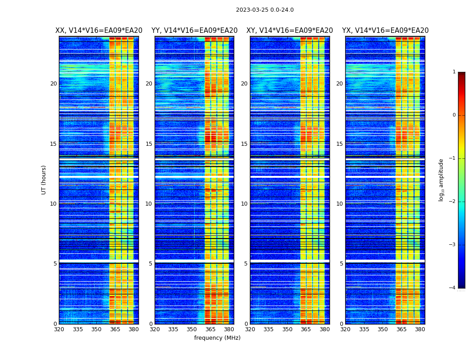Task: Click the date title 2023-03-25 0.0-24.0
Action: point(265,10)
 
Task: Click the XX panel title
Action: point(99,31)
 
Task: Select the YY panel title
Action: point(194,31)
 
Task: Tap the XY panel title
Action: point(289,31)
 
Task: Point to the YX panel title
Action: point(385,31)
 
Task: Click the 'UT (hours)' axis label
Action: point(44,180)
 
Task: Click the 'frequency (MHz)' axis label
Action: point(217,338)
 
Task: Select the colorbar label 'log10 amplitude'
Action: point(441,180)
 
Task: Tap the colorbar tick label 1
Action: point(454,72)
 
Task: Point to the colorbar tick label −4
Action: point(453,288)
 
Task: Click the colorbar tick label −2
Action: point(453,202)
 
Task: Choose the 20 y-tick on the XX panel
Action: point(53,84)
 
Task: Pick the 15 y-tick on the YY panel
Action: point(149,144)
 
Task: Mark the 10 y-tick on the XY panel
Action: point(244,204)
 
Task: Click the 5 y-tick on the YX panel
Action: point(341,264)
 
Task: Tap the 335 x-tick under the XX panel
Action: point(78,329)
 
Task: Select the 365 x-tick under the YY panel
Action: point(210,329)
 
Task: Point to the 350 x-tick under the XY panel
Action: point(287,329)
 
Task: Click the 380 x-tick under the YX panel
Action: point(420,329)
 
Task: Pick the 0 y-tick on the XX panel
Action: point(55,324)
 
